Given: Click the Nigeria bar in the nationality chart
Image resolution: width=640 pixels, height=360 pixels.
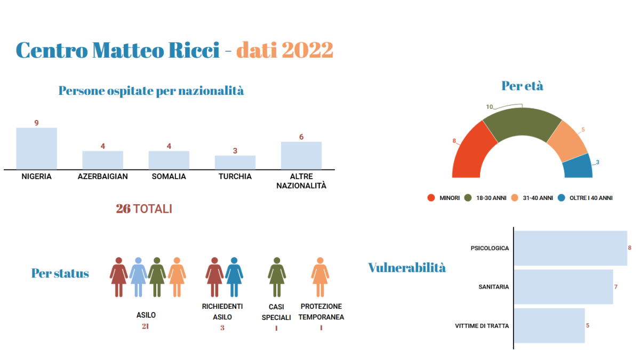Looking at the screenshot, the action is pos(37,149).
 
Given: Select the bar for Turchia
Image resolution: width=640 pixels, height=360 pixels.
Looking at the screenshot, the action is pos(235,163).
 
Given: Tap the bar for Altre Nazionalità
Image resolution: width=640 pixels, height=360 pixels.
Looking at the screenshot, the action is pos(301,156).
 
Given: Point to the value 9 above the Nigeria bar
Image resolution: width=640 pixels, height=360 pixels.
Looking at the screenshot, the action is pos(37,123).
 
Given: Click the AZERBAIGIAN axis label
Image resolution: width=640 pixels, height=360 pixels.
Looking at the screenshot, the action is pos(103,177).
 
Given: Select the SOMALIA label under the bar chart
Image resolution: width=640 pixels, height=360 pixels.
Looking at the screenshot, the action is pos(169,177).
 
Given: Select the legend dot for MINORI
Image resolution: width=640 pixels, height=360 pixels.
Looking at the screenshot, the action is pos(431,198).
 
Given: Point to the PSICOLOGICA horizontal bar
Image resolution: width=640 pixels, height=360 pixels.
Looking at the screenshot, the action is pos(571,249).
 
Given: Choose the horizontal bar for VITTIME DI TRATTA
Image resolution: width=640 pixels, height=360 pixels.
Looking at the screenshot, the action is pos(549,325).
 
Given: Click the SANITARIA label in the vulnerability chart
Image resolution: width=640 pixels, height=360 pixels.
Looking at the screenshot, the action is pos(494,287).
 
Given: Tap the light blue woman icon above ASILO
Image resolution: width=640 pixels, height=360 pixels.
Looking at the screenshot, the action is pos(138,277).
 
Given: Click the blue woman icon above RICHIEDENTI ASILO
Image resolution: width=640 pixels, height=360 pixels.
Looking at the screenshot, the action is pos(234,277).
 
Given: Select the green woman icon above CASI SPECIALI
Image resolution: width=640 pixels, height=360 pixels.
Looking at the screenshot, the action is pos(277,277).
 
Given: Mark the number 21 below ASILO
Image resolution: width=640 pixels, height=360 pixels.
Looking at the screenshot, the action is pos(146,326).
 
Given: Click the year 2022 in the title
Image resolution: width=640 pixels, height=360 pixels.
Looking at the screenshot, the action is pos(307,50).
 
